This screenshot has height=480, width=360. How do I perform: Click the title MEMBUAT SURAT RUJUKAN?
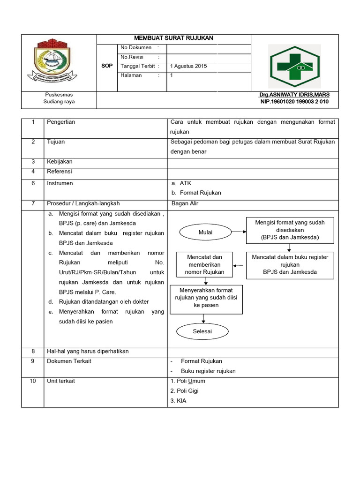tap(174, 38)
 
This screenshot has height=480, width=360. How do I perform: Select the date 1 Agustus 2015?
tap(188, 66)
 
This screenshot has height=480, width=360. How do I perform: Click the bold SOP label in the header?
tap(107, 66)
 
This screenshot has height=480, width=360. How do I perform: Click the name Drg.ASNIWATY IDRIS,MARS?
tap(294, 95)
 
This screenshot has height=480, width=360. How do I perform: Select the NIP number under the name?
tap(294, 102)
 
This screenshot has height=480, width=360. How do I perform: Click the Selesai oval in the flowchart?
tap(202, 331)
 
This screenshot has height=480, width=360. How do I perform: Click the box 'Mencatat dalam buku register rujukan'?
tap(290, 264)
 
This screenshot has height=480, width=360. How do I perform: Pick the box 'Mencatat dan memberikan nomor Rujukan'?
tap(204, 264)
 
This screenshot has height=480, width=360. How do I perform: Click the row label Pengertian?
tap(61, 122)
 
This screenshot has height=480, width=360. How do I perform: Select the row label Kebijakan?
tap(60, 162)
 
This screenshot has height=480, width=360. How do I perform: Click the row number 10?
tap(33, 381)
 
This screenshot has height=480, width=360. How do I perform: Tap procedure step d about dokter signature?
tap(97, 302)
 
